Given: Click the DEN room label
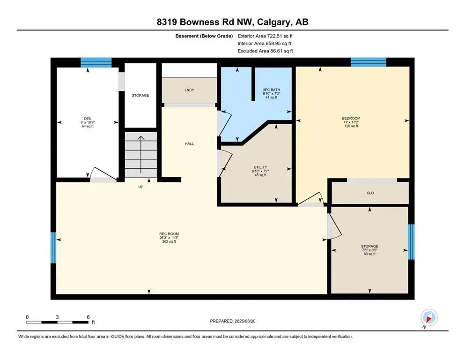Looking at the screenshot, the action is point(88,119).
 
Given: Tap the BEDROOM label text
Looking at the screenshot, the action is point(351,118).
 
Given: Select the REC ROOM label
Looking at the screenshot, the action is point(169,234).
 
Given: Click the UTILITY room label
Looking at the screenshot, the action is point(260,167).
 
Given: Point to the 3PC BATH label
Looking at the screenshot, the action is point(271,90).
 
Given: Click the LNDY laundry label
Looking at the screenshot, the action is point(189,90).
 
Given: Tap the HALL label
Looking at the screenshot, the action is point(189,143).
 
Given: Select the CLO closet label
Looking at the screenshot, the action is point(370,193).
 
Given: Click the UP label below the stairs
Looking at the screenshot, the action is point(141,187).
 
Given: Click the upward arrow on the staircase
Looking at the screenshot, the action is point(141,154).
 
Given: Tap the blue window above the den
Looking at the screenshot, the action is point(96,63).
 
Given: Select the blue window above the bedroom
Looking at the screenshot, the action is point(369,62).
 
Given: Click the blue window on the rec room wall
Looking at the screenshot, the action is point(53,247).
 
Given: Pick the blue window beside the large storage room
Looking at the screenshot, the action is point(411,242).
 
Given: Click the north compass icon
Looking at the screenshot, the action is point(429,317).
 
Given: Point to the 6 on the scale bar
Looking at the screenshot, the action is point(88,317).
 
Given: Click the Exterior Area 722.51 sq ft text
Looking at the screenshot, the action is point(265,36).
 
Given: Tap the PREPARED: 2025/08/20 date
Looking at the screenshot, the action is point(232,321).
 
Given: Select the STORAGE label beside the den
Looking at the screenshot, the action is point(140,96).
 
